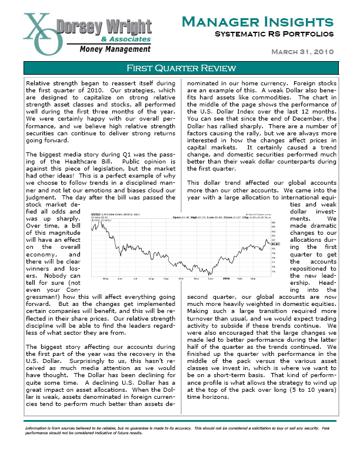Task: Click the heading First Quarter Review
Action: [180, 68]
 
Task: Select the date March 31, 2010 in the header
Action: [302, 52]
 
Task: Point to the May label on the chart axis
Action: [106, 277]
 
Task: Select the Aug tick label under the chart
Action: [151, 277]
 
